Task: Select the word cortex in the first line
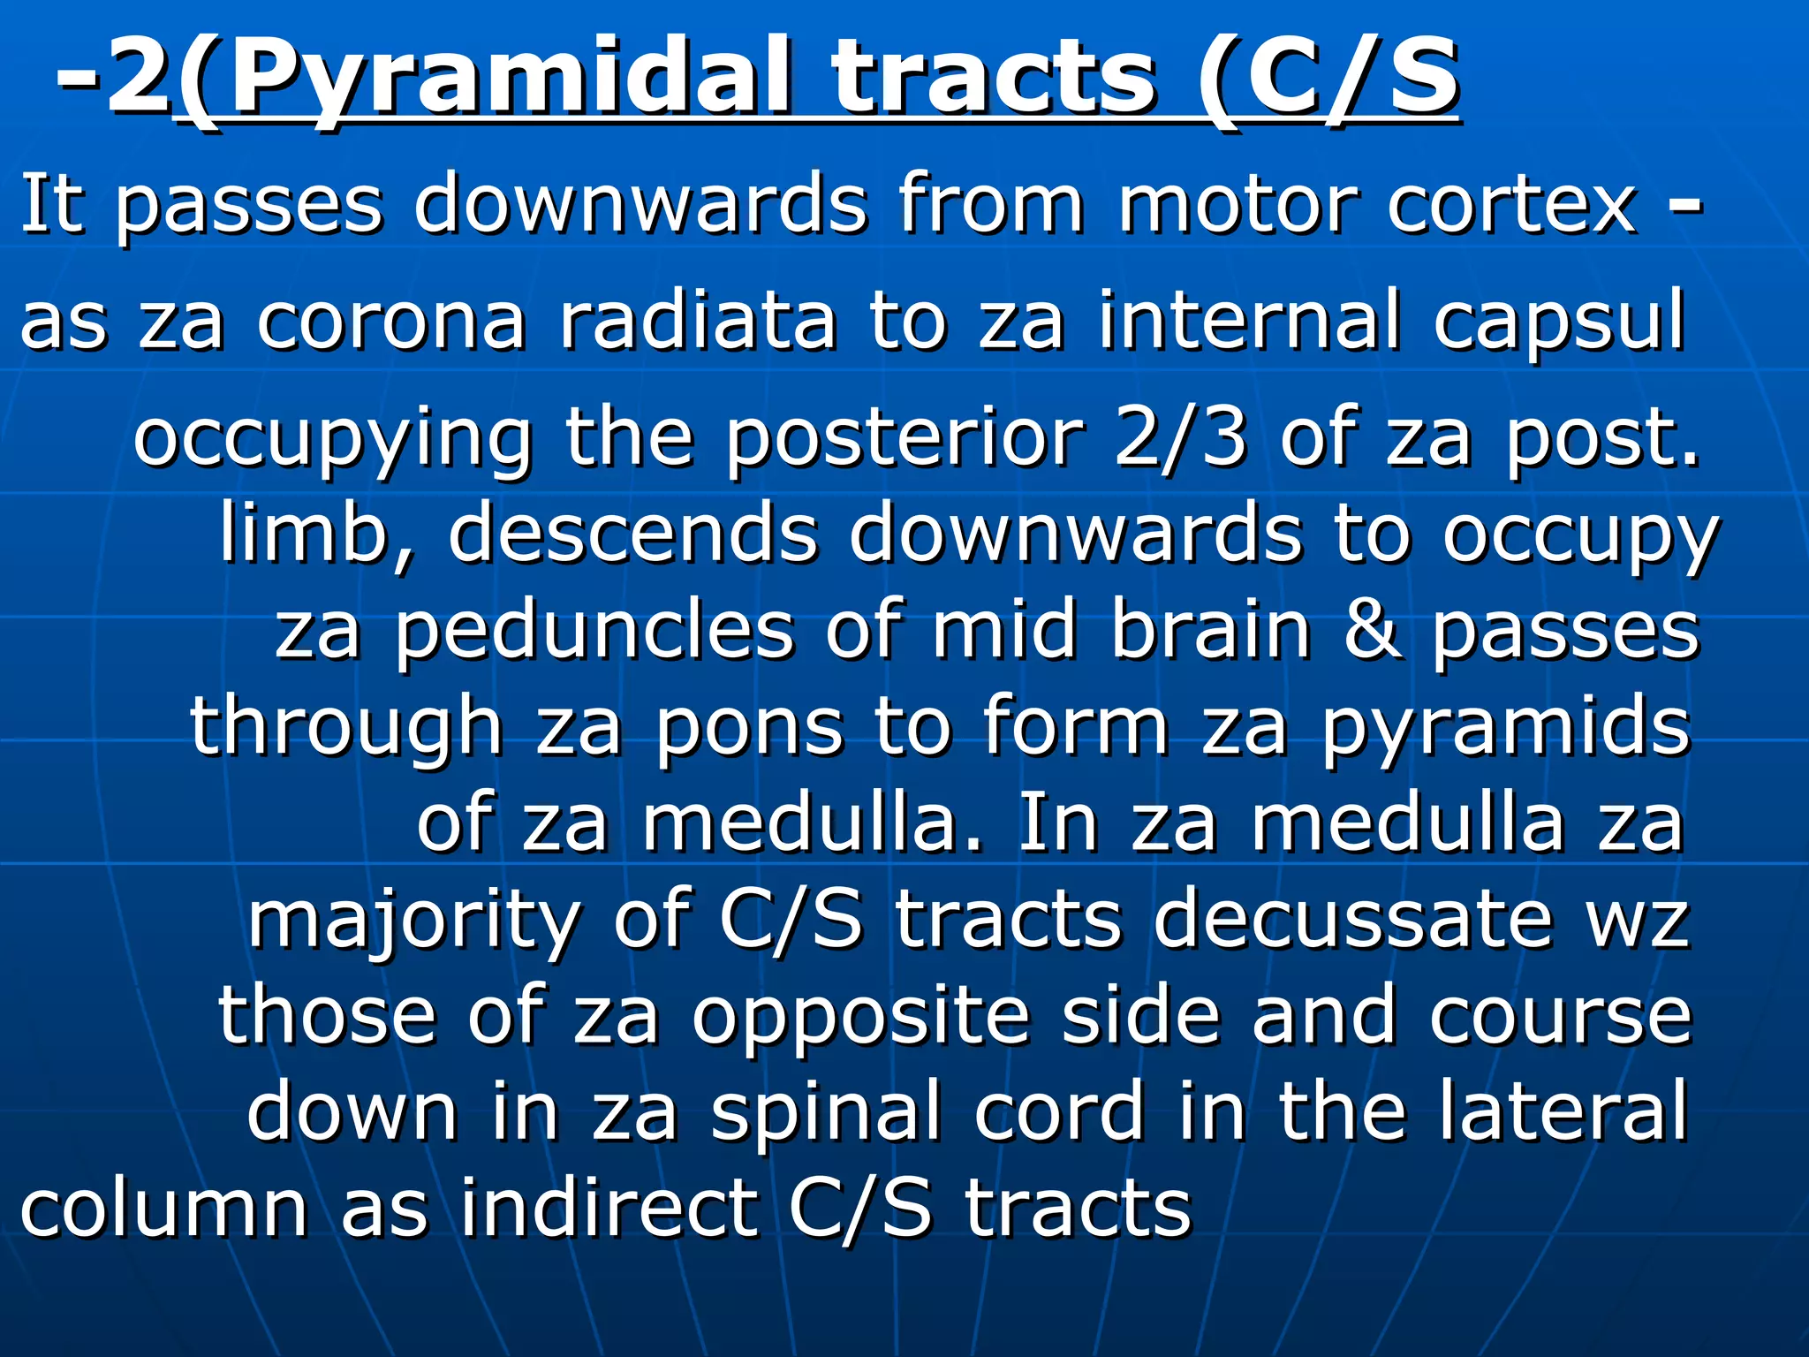point(1511,205)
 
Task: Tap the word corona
point(391,320)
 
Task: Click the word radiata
point(698,320)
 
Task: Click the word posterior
point(904,440)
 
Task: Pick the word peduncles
point(594,631)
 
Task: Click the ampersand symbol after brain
point(1372,631)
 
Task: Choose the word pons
point(749,730)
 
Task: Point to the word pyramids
point(1505,730)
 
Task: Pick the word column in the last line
point(163,1209)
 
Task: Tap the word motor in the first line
point(1237,205)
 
